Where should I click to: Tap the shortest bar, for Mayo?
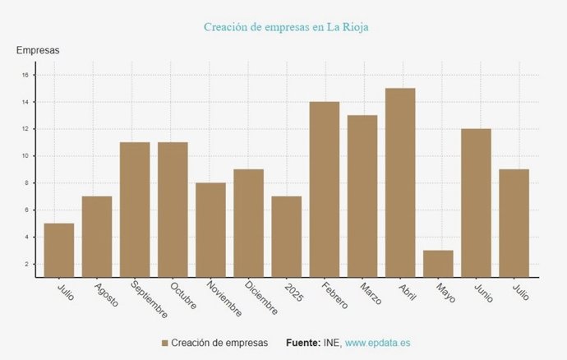[438, 264]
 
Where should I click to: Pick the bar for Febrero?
[325, 189]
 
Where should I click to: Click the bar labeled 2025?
[287, 237]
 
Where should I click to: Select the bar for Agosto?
[97, 237]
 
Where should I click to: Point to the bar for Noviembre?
[210, 230]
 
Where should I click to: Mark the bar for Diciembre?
[248, 223]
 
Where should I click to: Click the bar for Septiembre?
[135, 210]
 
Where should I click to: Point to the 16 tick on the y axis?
[25, 75]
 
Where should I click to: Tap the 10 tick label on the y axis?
[25, 156]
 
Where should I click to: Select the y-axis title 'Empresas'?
[38, 51]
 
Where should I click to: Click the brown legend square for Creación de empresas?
[164, 343]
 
